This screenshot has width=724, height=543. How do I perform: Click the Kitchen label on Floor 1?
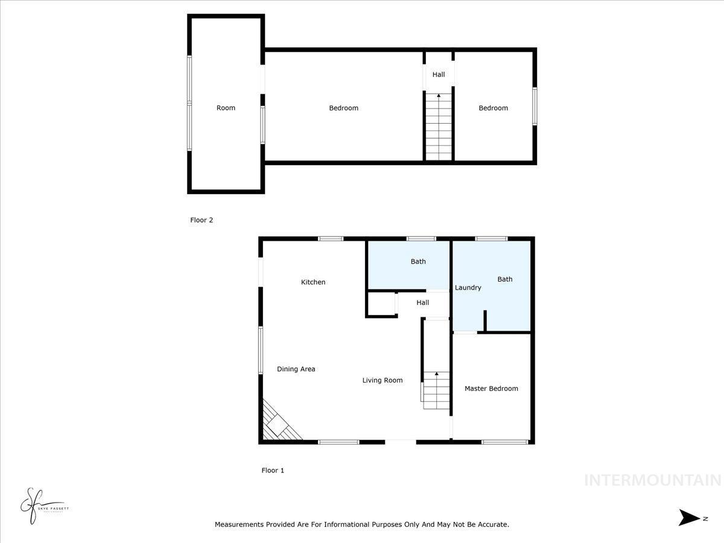point(313,282)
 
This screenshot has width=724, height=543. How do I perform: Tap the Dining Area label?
point(296,369)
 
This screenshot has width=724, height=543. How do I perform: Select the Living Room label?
point(382,380)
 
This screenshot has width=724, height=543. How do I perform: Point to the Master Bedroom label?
point(491,389)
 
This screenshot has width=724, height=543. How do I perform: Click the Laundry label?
point(468,288)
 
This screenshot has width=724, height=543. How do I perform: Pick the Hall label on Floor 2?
point(439,75)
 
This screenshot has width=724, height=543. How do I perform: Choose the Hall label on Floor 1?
point(423,303)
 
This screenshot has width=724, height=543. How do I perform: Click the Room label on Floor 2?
point(226,108)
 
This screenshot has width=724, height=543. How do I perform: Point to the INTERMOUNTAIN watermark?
point(652,480)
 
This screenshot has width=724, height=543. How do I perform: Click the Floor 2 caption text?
point(202,220)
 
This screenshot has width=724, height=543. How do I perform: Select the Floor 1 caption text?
point(273,471)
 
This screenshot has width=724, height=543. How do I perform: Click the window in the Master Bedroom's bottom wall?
point(505,442)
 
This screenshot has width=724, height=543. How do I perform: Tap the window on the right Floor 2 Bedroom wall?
point(535,107)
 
